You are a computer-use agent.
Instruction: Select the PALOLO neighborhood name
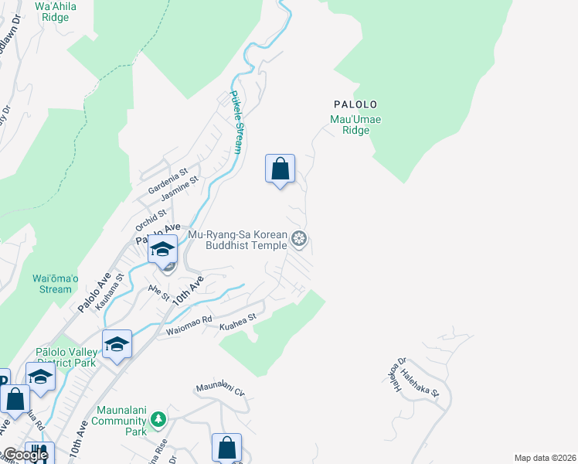[x=355, y=104]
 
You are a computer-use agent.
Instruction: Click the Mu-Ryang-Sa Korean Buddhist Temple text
[x=238, y=241]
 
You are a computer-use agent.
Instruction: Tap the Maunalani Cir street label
[x=220, y=387]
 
